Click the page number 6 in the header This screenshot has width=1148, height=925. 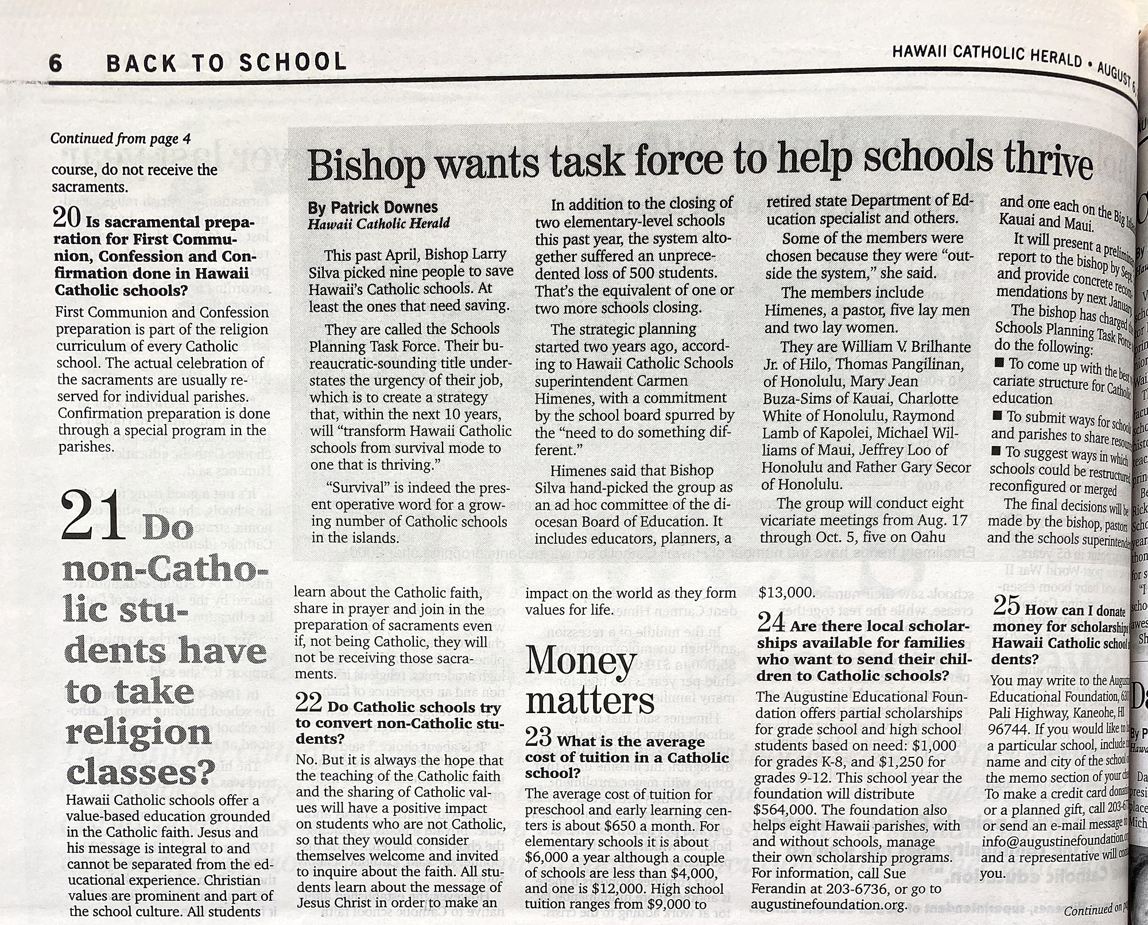(x=56, y=63)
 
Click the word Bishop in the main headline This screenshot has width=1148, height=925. (x=367, y=164)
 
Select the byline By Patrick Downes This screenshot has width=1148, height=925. (x=373, y=207)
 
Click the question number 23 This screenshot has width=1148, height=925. (x=538, y=737)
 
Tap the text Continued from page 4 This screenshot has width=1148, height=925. (x=121, y=138)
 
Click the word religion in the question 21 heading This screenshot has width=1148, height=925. (x=139, y=733)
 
